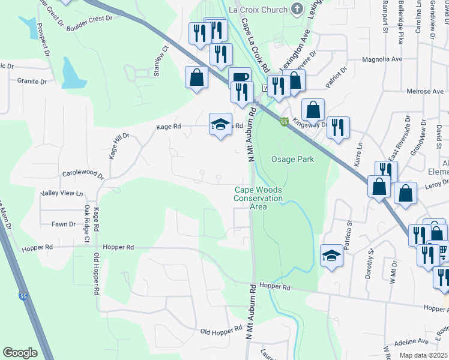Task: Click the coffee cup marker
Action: (x=240, y=77)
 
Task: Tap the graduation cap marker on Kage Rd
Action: (x=220, y=124)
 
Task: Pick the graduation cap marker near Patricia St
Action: (x=331, y=256)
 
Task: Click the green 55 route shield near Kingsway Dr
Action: (x=284, y=122)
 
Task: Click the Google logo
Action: (x=20, y=352)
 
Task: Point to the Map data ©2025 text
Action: (x=423, y=355)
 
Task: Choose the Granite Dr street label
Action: (x=32, y=81)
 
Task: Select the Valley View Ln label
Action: (x=62, y=193)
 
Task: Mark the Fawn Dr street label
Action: (x=63, y=224)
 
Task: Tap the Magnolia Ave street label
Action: (x=382, y=60)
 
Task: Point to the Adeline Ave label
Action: (x=411, y=345)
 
